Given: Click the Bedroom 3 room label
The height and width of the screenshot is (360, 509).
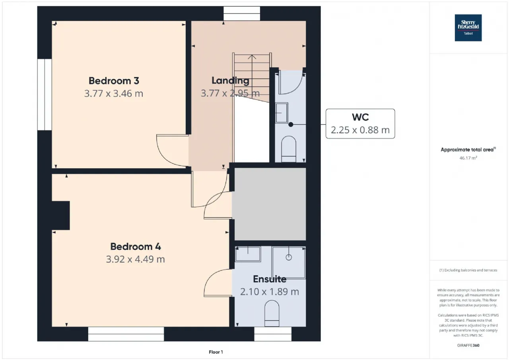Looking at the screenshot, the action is [114, 81].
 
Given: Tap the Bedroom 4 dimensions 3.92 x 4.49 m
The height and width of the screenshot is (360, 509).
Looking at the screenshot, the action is [136, 259].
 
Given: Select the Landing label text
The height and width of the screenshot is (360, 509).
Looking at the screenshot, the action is [230, 81].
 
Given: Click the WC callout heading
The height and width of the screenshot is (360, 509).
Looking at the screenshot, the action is [360, 117].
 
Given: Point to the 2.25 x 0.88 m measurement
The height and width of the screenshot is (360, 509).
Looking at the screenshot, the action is [360, 130].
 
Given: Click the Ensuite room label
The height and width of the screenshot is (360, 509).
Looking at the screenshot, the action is [270, 279].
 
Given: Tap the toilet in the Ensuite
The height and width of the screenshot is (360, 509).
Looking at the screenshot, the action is [272, 313].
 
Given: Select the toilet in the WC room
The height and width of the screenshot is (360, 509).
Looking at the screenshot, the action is [289, 149].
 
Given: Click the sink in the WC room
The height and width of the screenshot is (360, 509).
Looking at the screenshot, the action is [282, 113].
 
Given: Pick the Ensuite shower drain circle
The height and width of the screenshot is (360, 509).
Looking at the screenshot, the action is [289, 257].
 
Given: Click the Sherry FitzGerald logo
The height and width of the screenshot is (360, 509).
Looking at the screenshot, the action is [468, 28].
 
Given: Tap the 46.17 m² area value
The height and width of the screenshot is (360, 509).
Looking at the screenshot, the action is [468, 158].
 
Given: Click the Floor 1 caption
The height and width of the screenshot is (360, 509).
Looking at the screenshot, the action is [216, 352].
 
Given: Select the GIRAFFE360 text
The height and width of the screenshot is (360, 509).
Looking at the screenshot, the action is [468, 345].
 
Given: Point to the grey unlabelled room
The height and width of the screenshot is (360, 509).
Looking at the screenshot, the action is [270, 204].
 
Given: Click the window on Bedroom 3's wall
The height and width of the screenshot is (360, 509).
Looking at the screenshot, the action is [45, 95].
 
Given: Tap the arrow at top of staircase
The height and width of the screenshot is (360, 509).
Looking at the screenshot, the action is [252, 57].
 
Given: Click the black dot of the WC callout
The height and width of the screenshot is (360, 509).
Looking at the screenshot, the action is [291, 125].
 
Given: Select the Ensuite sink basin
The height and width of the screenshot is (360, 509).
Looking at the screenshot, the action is [248, 254].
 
